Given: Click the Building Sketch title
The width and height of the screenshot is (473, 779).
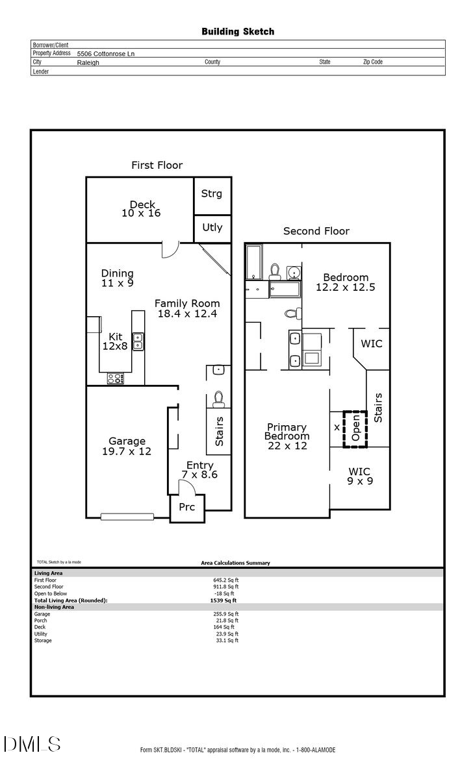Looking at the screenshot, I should tap(237, 31).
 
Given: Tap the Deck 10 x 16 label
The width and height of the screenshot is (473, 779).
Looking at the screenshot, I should tap(141, 209).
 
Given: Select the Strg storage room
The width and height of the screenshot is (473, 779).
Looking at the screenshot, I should tap(212, 194).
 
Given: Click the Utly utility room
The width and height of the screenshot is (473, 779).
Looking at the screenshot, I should tap(212, 227).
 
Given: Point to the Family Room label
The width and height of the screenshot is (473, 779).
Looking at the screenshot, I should tap(187, 308).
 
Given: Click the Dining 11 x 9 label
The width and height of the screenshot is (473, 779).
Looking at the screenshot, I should tap(118, 278).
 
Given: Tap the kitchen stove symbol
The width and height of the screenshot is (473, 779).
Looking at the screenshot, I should tap(115, 378).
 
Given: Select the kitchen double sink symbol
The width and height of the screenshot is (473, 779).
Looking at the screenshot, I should tap(138, 341).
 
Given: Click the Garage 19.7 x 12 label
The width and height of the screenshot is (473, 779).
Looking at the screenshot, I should tap(127, 446).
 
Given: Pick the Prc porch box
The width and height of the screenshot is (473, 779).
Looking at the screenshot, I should tap(186, 507).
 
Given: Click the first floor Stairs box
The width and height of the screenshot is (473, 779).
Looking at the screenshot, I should tap(219, 431).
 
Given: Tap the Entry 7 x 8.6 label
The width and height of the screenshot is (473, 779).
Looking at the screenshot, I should tap(199, 470).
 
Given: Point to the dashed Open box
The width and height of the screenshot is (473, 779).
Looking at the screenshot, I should tap(355, 428).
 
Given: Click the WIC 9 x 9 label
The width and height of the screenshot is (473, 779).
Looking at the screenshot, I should tap(359, 476).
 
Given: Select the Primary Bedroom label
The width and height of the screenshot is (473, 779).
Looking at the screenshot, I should tap(287, 432).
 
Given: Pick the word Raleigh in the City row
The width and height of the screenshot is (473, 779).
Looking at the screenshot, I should tap(88, 63).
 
